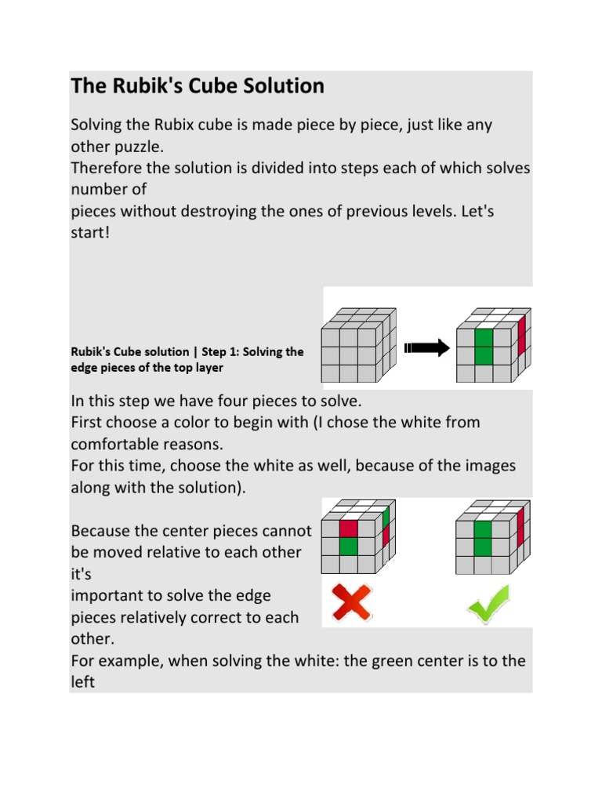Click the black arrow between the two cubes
[426, 347]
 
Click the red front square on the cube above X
[348, 529]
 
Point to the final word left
[82, 682]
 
